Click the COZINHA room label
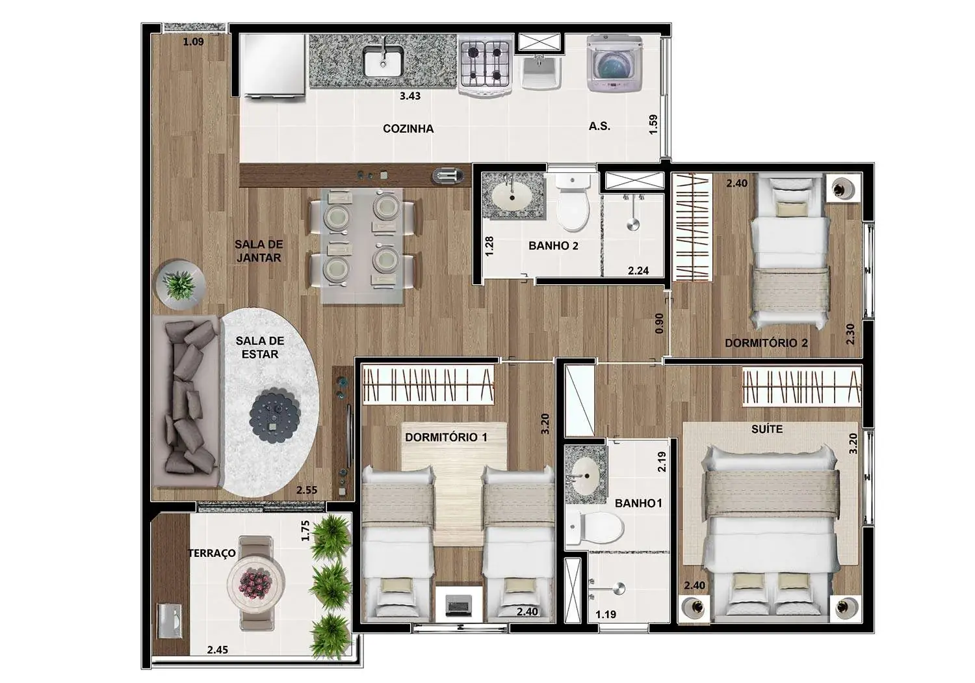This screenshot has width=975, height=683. [408, 129]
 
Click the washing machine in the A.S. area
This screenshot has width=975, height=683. [614, 64]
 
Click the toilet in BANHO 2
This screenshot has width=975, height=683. [573, 202]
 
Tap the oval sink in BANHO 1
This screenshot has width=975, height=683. [586, 476]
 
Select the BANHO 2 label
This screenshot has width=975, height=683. [553, 246]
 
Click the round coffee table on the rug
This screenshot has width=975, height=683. [274, 416]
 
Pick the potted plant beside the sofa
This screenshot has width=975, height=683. [180, 284]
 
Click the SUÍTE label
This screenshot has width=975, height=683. [767, 429]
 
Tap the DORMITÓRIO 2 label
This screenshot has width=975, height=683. [766, 343]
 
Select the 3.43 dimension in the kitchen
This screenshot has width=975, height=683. [410, 96]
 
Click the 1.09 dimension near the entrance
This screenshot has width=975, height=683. [193, 42]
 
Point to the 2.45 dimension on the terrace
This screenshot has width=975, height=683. [217, 650]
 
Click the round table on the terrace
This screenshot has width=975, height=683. [256, 581]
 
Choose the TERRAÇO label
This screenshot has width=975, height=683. [212, 553]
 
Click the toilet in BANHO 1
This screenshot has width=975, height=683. [594, 528]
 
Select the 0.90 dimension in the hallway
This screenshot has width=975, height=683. [660, 323]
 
